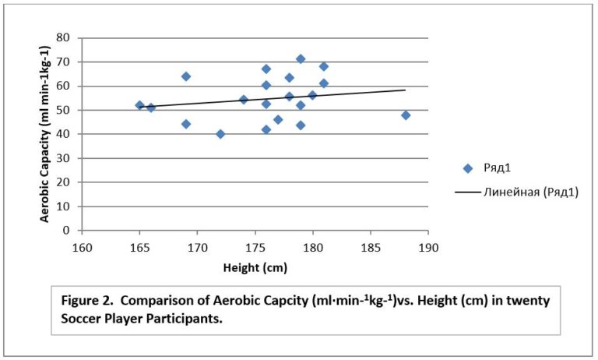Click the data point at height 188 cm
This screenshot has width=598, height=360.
click(x=406, y=115)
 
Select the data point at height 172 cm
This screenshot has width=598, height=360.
click(x=220, y=134)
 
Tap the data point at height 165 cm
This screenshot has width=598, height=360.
click(x=139, y=105)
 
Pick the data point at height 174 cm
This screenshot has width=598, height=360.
click(x=244, y=100)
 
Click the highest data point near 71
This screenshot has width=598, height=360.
click(x=301, y=59)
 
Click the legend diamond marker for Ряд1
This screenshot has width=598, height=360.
click(x=467, y=168)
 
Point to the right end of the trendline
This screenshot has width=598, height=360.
click(x=406, y=90)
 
